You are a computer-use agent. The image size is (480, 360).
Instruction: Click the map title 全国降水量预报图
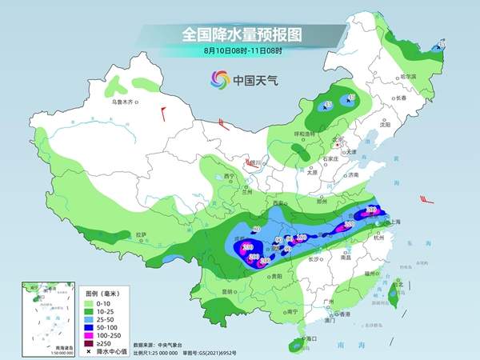[239, 34]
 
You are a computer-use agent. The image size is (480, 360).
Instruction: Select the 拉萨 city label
[142, 234]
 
